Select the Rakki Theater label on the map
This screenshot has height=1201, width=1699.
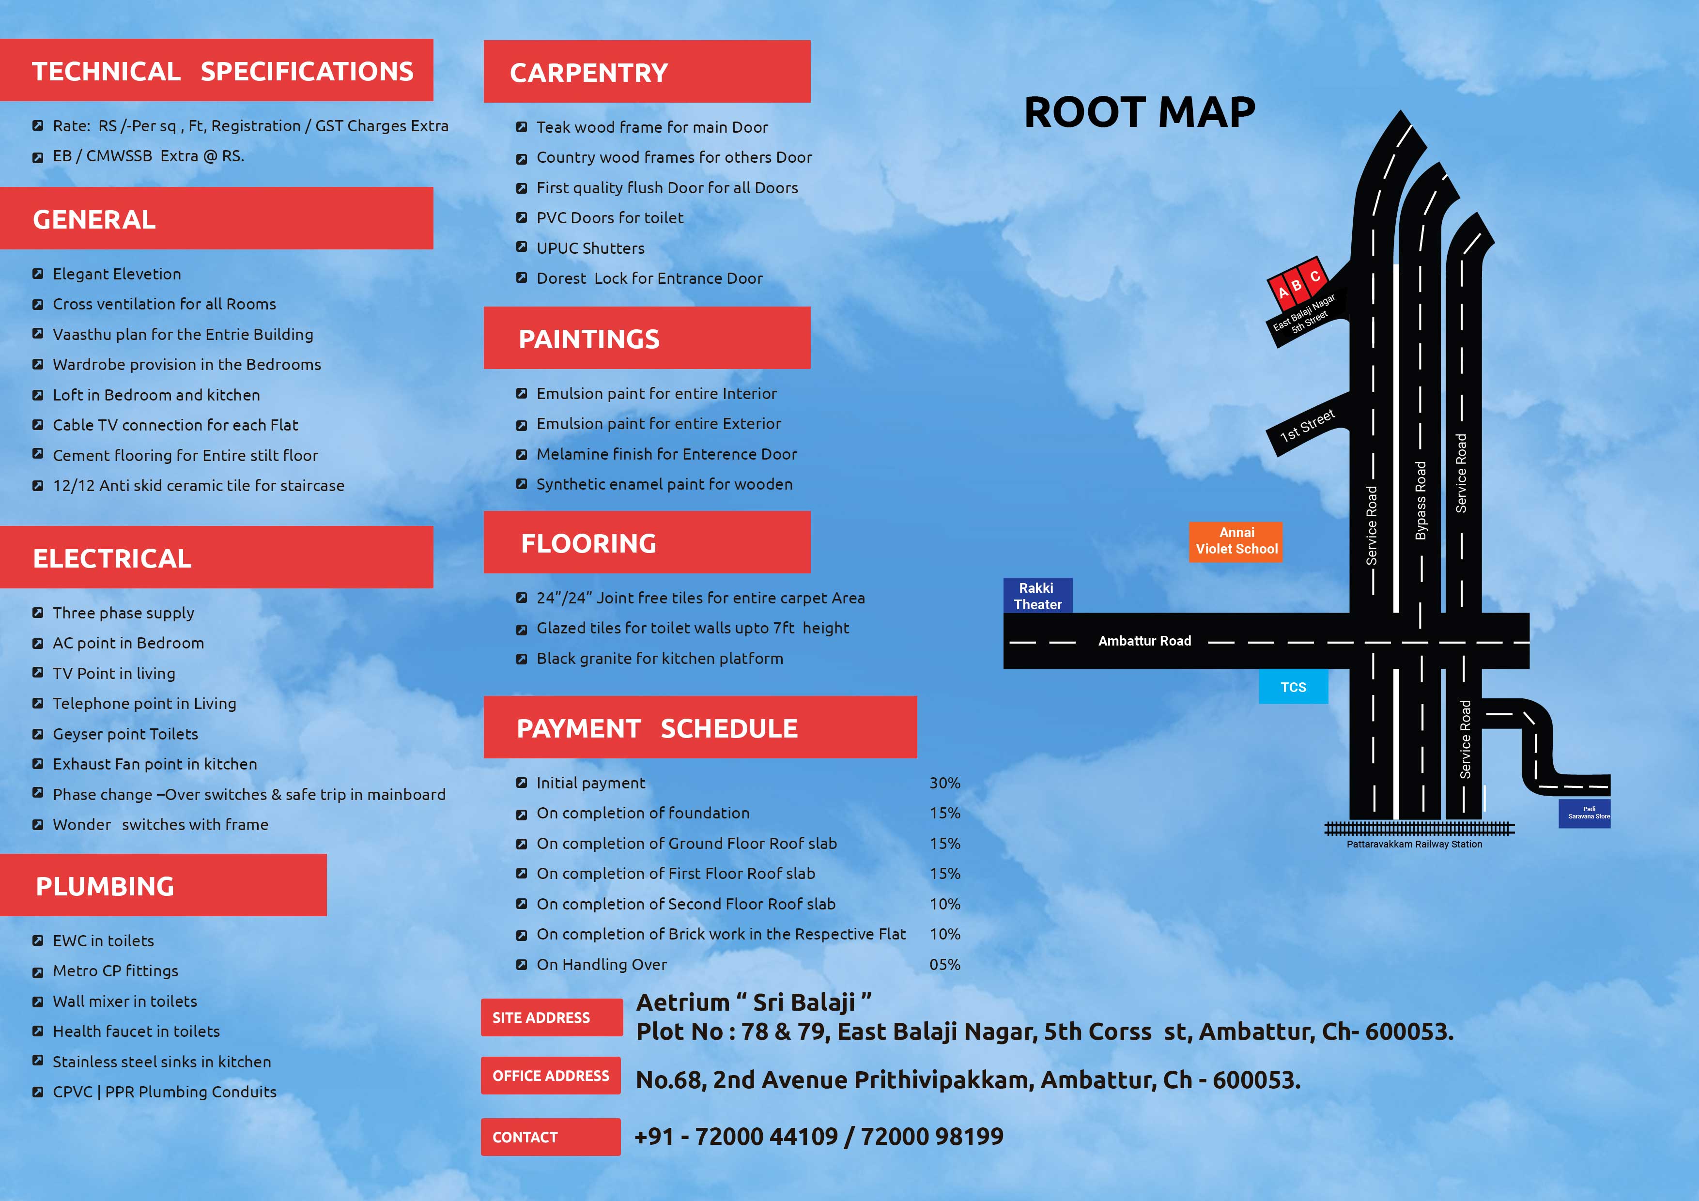(x=1037, y=596)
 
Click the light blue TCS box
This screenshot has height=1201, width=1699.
(x=1294, y=687)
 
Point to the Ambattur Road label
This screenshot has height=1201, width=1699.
(x=1145, y=641)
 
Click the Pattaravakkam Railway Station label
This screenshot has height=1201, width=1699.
(x=1414, y=844)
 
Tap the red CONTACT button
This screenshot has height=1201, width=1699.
(x=551, y=1137)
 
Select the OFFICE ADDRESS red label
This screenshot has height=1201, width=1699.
(x=551, y=1076)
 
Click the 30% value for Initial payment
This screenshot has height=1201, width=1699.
(x=945, y=783)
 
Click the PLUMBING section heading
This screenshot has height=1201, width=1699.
(x=105, y=887)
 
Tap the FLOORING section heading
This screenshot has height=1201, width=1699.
(x=588, y=543)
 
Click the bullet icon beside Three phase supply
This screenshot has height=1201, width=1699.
(x=38, y=613)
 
